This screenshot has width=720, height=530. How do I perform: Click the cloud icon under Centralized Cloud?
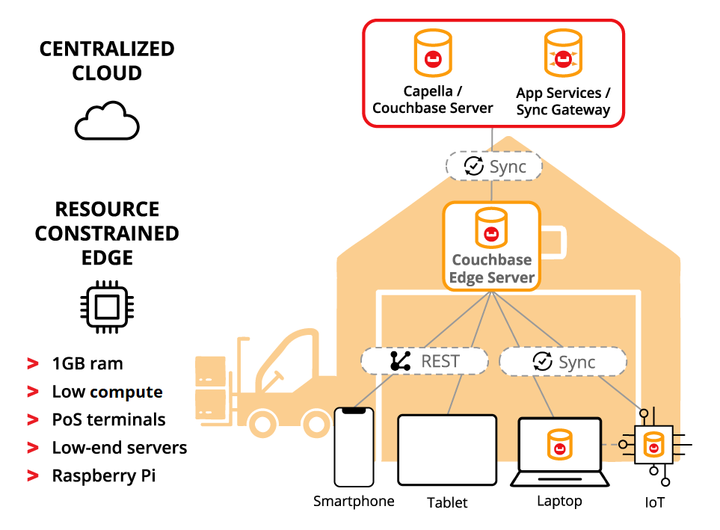tap(107, 121)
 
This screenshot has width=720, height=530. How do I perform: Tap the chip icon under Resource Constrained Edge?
tap(107, 307)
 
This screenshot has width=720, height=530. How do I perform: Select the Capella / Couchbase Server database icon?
tap(432, 53)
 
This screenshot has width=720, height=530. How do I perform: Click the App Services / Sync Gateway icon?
tap(562, 54)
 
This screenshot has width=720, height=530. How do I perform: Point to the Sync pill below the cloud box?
tap(494, 166)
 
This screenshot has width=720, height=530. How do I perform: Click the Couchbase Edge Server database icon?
tap(491, 228)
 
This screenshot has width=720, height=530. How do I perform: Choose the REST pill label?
tap(425, 362)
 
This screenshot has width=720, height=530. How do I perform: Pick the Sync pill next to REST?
tap(562, 363)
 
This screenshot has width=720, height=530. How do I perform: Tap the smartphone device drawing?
tap(354, 447)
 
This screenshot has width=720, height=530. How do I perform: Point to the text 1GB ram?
tap(87, 364)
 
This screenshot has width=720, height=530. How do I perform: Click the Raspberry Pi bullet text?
tap(104, 476)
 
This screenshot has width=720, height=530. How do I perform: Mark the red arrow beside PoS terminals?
tap(33, 420)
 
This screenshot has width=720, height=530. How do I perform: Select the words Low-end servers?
tap(120, 448)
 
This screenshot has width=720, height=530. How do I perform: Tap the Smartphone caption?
tap(354, 501)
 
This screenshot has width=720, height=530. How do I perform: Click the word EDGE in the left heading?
tap(107, 258)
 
